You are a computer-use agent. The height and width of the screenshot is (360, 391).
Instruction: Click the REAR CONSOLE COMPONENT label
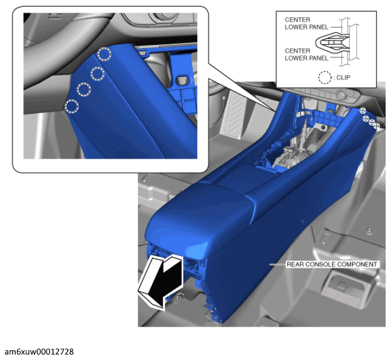click(x=332, y=264)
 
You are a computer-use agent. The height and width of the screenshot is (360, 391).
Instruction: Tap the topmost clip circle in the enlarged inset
click(x=104, y=54)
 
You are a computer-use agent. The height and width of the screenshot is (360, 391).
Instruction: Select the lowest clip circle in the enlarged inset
click(x=72, y=106)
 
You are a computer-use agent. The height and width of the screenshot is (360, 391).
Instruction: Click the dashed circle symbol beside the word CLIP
click(x=325, y=78)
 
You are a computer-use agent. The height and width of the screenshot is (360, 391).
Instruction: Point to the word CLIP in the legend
click(x=343, y=78)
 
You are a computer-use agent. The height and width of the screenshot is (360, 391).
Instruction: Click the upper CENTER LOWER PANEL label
click(x=307, y=24)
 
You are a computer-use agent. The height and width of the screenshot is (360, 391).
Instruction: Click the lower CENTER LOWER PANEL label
click(x=307, y=54)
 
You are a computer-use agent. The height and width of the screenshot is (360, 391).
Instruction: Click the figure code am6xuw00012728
click(x=39, y=352)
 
